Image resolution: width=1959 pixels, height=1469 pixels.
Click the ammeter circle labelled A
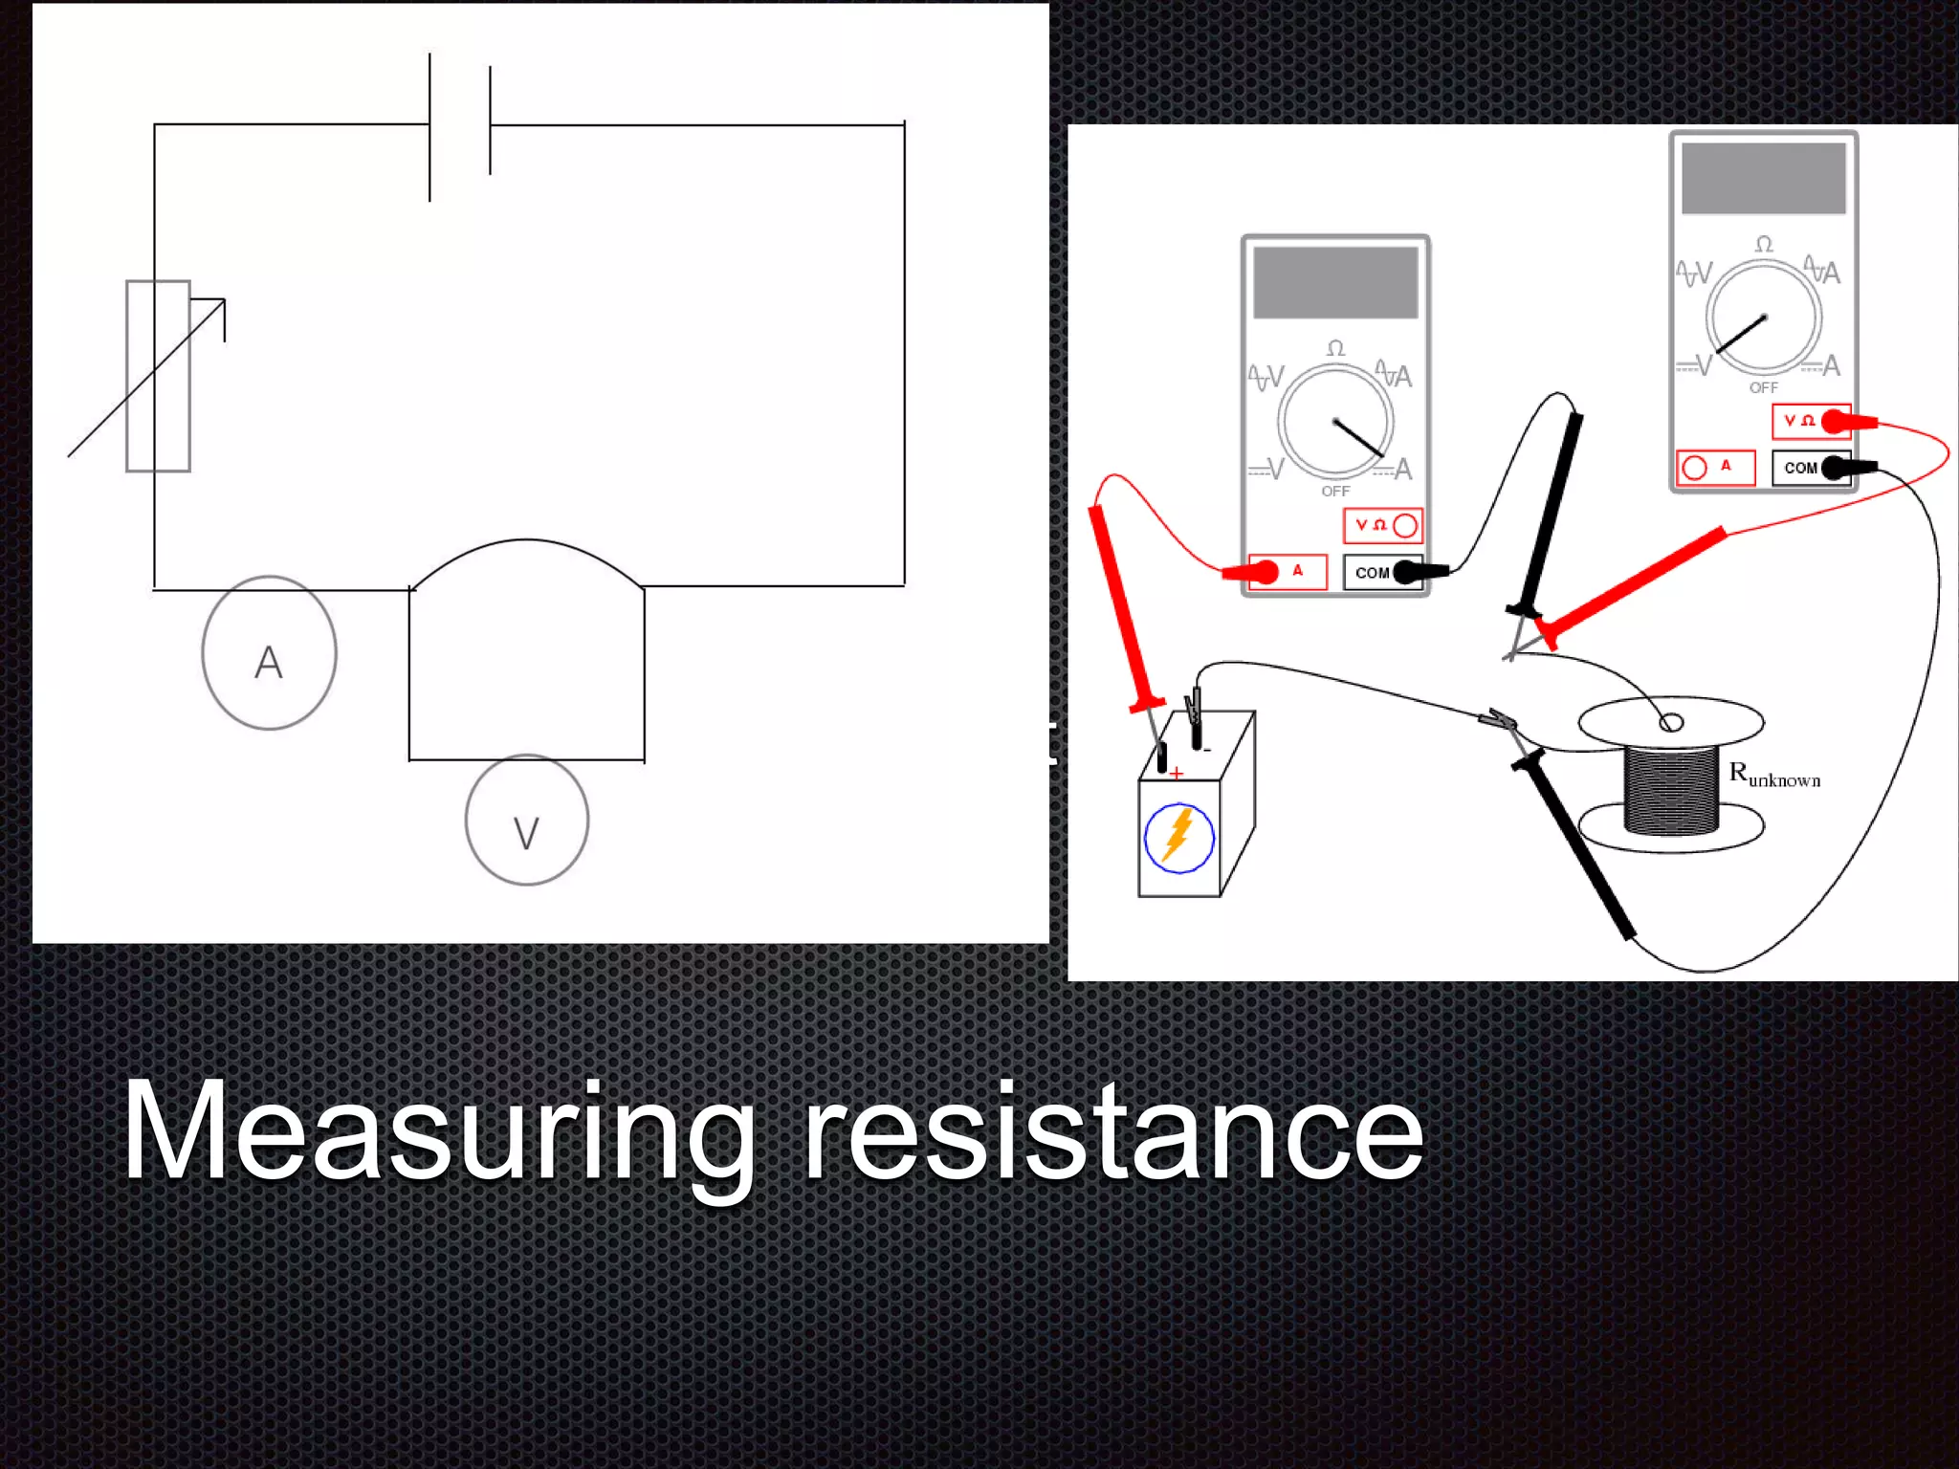tap(269, 653)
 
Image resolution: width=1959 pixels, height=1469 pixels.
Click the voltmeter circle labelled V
tap(526, 821)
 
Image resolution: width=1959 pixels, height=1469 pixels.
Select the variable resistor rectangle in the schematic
tap(159, 376)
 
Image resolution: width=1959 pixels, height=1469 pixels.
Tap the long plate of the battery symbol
tap(429, 127)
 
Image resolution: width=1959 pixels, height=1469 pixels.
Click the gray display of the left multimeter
tap(1335, 282)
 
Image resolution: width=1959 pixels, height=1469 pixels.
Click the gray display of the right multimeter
tap(1763, 179)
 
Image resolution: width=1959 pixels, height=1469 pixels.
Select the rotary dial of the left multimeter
tap(1335, 421)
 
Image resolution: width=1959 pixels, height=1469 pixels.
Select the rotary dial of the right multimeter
tap(1764, 318)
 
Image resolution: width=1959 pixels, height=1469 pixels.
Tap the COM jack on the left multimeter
tap(1406, 572)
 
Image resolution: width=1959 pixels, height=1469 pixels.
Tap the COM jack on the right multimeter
tap(1834, 468)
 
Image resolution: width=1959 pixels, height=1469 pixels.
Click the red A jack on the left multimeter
tap(1266, 572)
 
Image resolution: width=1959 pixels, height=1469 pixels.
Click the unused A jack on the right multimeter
tap(1694, 468)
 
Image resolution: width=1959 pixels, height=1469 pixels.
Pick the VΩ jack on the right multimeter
tap(1834, 421)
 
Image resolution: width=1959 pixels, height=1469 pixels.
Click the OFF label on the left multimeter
tap(1335, 492)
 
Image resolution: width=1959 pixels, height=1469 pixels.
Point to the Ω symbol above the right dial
tap(1764, 245)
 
